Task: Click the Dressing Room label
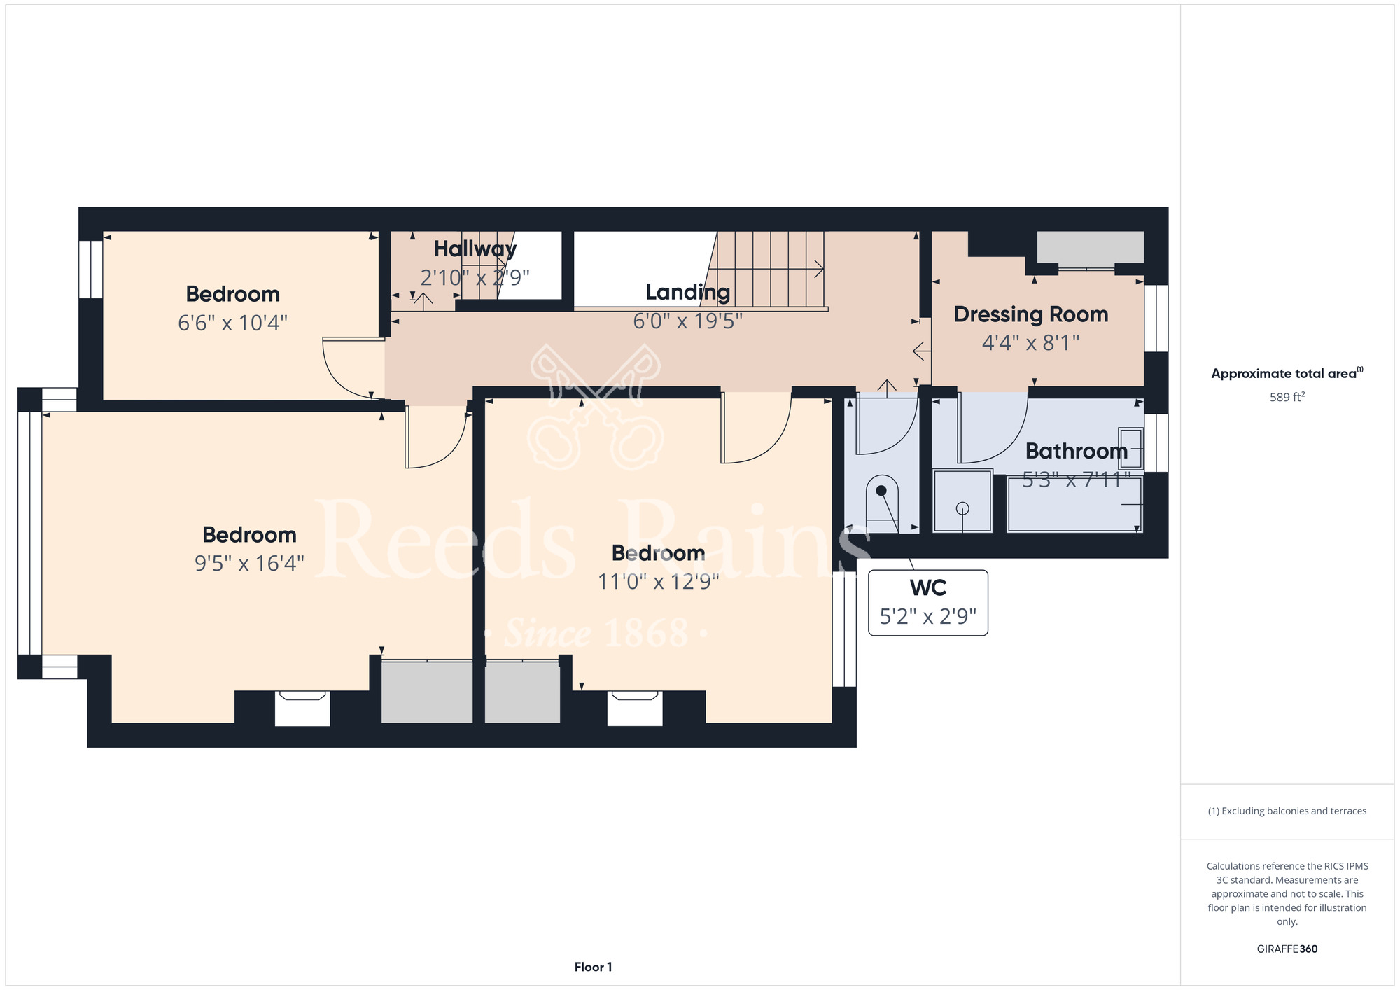[x=1030, y=314]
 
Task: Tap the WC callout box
[x=928, y=602]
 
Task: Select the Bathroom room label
[x=1077, y=451]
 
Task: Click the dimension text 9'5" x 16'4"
[x=249, y=563]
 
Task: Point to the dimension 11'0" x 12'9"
[x=658, y=581]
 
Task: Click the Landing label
[x=688, y=292]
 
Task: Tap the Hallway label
[x=475, y=249]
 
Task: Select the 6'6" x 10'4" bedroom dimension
[x=232, y=323]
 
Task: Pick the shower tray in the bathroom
[x=962, y=501]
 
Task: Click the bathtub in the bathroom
[x=1074, y=504]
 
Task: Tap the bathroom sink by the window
[x=1130, y=448]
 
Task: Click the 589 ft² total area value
[x=1287, y=397]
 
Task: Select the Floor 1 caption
[x=593, y=967]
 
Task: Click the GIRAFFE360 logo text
[x=1287, y=949]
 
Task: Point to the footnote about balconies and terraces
[x=1287, y=811]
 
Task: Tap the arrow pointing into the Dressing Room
[x=921, y=350]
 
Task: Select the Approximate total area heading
[x=1287, y=373]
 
